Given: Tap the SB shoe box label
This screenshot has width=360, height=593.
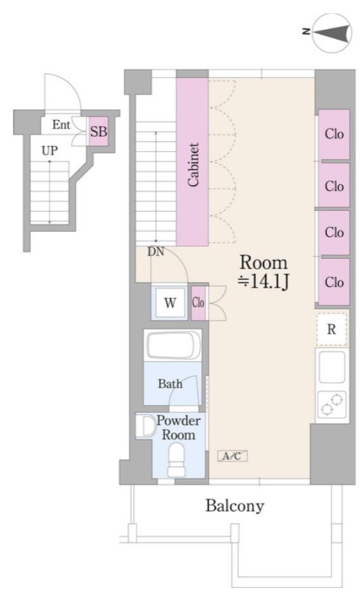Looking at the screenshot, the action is pyautogui.click(x=99, y=132).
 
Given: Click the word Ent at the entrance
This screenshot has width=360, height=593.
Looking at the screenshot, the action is pyautogui.click(x=61, y=125).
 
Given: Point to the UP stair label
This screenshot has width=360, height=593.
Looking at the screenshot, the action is pyautogui.click(x=49, y=151).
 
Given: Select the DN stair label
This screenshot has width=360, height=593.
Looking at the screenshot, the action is pyautogui.click(x=156, y=252).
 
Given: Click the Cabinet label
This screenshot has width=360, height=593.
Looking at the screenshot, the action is pyautogui.click(x=193, y=165).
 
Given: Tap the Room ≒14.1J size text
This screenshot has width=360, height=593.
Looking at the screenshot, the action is pyautogui.click(x=264, y=272).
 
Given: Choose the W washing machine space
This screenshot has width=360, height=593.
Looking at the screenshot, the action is pyautogui.click(x=170, y=303).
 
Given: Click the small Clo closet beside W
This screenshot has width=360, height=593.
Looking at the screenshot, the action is pyautogui.click(x=198, y=303).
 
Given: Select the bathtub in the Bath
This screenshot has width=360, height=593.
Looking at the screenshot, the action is pyautogui.click(x=173, y=345).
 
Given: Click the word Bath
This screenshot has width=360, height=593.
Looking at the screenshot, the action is pyautogui.click(x=170, y=384).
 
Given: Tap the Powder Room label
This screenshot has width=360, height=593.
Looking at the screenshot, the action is pyautogui.click(x=179, y=428).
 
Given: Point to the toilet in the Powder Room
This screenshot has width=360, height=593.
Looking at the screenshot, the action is pyautogui.click(x=177, y=459).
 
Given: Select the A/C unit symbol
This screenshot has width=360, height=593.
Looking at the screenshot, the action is pyautogui.click(x=232, y=456).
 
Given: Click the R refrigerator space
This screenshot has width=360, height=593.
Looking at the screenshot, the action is pyautogui.click(x=331, y=329).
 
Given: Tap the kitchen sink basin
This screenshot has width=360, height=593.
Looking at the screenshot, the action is pyautogui.click(x=332, y=367).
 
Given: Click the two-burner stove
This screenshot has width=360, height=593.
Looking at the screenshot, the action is pyautogui.click(x=332, y=405).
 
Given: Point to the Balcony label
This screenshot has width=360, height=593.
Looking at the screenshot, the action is pyautogui.click(x=235, y=506).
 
